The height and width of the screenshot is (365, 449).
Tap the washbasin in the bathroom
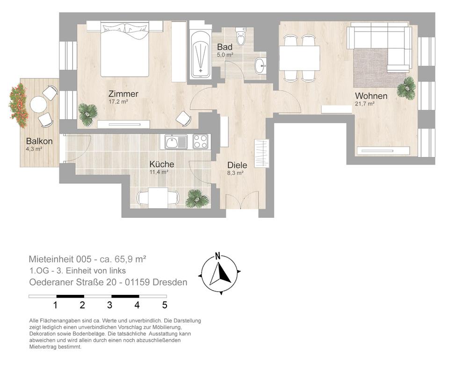click(261, 66)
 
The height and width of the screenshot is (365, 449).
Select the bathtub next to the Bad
click(201, 55)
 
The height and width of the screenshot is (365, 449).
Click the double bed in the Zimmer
click(125, 49)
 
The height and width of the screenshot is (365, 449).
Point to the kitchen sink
click(176, 142)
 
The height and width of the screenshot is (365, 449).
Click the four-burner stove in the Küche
click(201, 142)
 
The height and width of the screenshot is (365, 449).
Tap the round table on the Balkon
click(38, 104)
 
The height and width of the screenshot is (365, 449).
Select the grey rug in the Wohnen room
click(375, 68)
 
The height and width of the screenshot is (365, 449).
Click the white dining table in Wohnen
click(299, 58)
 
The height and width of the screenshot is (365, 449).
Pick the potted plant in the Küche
click(197, 198)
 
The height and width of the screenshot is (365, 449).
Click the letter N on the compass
click(218, 256)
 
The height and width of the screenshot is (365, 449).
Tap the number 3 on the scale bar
click(109, 305)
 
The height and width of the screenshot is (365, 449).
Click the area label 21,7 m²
click(365, 104)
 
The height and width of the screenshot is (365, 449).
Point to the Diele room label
click(237, 165)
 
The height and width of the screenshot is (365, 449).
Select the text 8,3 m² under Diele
click(235, 173)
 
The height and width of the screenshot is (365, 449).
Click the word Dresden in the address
click(170, 282)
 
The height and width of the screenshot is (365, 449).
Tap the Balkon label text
click(39, 141)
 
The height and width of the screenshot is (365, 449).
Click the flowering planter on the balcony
click(19, 105)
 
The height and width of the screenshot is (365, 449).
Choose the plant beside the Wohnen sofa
click(406, 88)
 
